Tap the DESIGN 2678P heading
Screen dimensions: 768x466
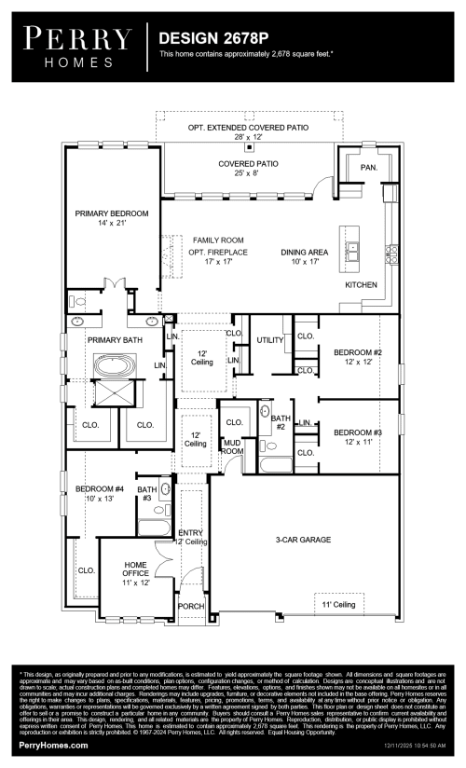pos(211,38)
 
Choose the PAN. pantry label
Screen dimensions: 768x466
pos(369,168)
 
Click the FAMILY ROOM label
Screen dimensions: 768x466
pos(211,240)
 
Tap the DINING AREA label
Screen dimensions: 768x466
pos(305,252)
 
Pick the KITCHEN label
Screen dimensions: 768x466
pos(361,284)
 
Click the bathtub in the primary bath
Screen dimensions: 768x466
pos(113,366)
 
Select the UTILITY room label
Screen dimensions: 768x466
pos(269,340)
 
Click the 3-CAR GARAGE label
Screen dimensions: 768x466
pos(304,540)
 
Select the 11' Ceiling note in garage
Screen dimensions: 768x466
pos(338,605)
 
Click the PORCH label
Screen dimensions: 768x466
pos(191,606)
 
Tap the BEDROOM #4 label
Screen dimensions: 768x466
pos(100,489)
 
